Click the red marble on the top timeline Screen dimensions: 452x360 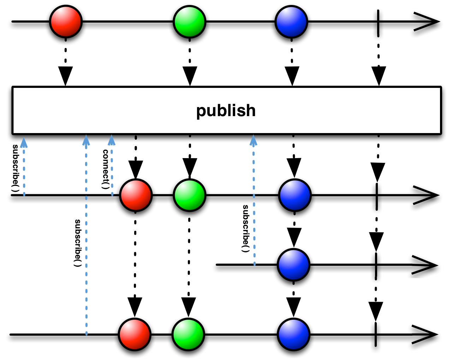coord(66,22)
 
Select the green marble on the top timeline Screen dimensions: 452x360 coord(190,22)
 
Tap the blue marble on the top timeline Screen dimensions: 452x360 coord(291,22)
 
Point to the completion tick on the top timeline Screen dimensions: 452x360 coord(378,22)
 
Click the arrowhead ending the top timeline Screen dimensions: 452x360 coord(426,22)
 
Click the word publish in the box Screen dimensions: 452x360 coord(226,111)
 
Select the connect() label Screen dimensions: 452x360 coord(106,169)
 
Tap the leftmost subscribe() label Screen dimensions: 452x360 coord(15,168)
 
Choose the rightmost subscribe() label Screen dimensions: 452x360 coord(245,228)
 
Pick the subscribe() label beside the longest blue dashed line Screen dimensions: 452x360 coord(77,243)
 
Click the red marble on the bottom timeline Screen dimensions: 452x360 coord(135,334)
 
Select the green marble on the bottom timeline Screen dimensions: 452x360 coord(189,334)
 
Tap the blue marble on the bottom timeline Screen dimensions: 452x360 coord(293,334)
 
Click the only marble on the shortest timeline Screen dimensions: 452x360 coord(293,265)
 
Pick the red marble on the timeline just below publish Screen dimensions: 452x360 coord(136,195)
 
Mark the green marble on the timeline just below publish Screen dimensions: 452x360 coord(190,195)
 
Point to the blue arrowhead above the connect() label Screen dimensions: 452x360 coord(111,140)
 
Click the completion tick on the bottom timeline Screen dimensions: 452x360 coord(375,334)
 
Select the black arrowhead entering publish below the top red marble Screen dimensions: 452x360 coord(66,76)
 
